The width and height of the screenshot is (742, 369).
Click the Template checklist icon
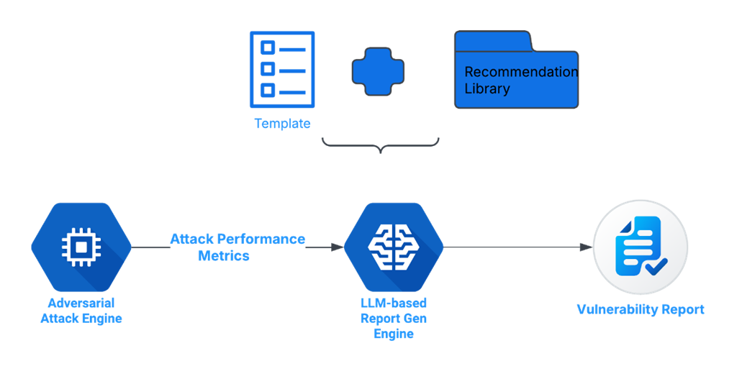[x=281, y=69]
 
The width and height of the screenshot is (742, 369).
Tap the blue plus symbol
[x=378, y=72]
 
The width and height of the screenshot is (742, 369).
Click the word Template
[x=282, y=124]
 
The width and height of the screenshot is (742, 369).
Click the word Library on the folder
[x=487, y=89]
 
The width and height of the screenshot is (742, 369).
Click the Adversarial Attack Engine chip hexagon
[x=81, y=247]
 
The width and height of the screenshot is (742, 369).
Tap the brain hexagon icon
[x=393, y=247]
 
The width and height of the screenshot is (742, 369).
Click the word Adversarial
[x=81, y=303]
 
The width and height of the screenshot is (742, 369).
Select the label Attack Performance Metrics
[x=237, y=247]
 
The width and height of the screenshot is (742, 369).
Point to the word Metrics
[x=224, y=256]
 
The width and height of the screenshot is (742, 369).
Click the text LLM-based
[x=393, y=303]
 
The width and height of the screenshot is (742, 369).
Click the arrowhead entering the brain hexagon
[x=337, y=247]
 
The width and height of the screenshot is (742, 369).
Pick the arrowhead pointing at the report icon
[x=585, y=247]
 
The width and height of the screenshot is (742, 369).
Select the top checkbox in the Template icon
[x=267, y=48]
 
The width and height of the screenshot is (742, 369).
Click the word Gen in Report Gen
[x=413, y=319]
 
